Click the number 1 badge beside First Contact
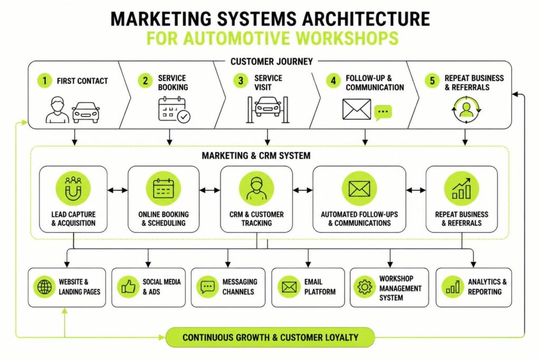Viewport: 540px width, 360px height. coord(44,81)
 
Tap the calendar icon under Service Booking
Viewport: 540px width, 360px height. coord(174,110)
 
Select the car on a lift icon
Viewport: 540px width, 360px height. coord(267,110)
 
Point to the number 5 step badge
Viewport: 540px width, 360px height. coord(432,81)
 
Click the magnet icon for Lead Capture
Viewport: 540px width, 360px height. coord(73,189)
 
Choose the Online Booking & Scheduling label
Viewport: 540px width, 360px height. coord(163,219)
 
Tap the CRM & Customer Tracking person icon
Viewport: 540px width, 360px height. coord(257,189)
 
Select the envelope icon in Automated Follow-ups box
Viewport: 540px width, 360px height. coord(359,189)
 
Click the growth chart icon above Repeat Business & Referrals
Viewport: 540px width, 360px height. coord(461,189)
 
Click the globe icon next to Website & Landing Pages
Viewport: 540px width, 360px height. coord(44,287)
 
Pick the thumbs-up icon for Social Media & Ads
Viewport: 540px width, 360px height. coord(128,287)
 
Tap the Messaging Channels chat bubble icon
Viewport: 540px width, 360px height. coord(208,287)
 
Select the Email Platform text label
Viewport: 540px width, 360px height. coord(320,287)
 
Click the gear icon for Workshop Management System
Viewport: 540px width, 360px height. coord(365,287)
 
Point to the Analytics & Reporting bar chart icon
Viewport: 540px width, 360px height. coord(452,287)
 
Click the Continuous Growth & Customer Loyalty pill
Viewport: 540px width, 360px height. coord(271,337)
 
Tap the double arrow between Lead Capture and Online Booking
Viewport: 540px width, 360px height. coord(118,190)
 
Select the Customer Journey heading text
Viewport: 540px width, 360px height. coord(272,62)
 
